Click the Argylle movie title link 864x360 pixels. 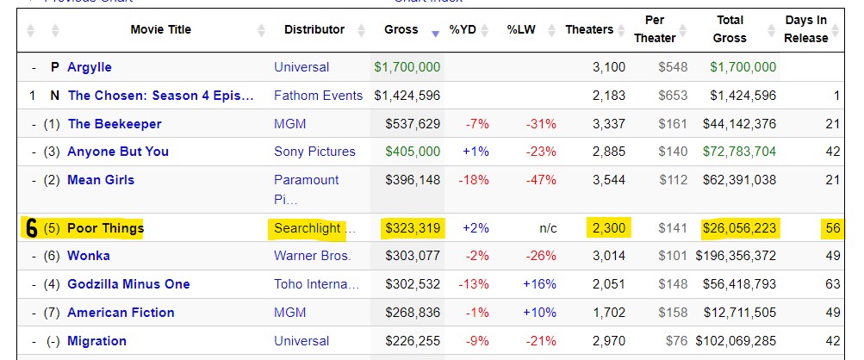pyautogui.click(x=90, y=67)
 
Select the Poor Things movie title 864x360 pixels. pyautogui.click(x=105, y=228)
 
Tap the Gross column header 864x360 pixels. pyautogui.click(x=401, y=30)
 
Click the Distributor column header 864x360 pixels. pyautogui.click(x=314, y=30)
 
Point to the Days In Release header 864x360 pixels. pyautogui.click(x=806, y=30)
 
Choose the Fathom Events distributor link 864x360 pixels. pyautogui.click(x=318, y=96)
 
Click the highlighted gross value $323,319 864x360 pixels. pyautogui.click(x=412, y=228)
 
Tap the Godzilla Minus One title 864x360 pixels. pyautogui.click(x=128, y=284)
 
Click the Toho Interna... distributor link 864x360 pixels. pyautogui.click(x=316, y=284)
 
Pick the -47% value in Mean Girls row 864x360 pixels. pyautogui.click(x=541, y=180)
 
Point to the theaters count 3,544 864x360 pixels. pyautogui.click(x=609, y=180)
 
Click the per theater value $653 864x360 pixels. pyautogui.click(x=674, y=96)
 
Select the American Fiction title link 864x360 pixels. pyautogui.click(x=121, y=313)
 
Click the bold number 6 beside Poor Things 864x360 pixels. pyautogui.click(x=31, y=229)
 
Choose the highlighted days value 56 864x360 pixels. pyautogui.click(x=831, y=228)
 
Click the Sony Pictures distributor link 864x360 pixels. pyautogui.click(x=314, y=152)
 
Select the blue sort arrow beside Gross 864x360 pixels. pyautogui.click(x=436, y=34)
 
